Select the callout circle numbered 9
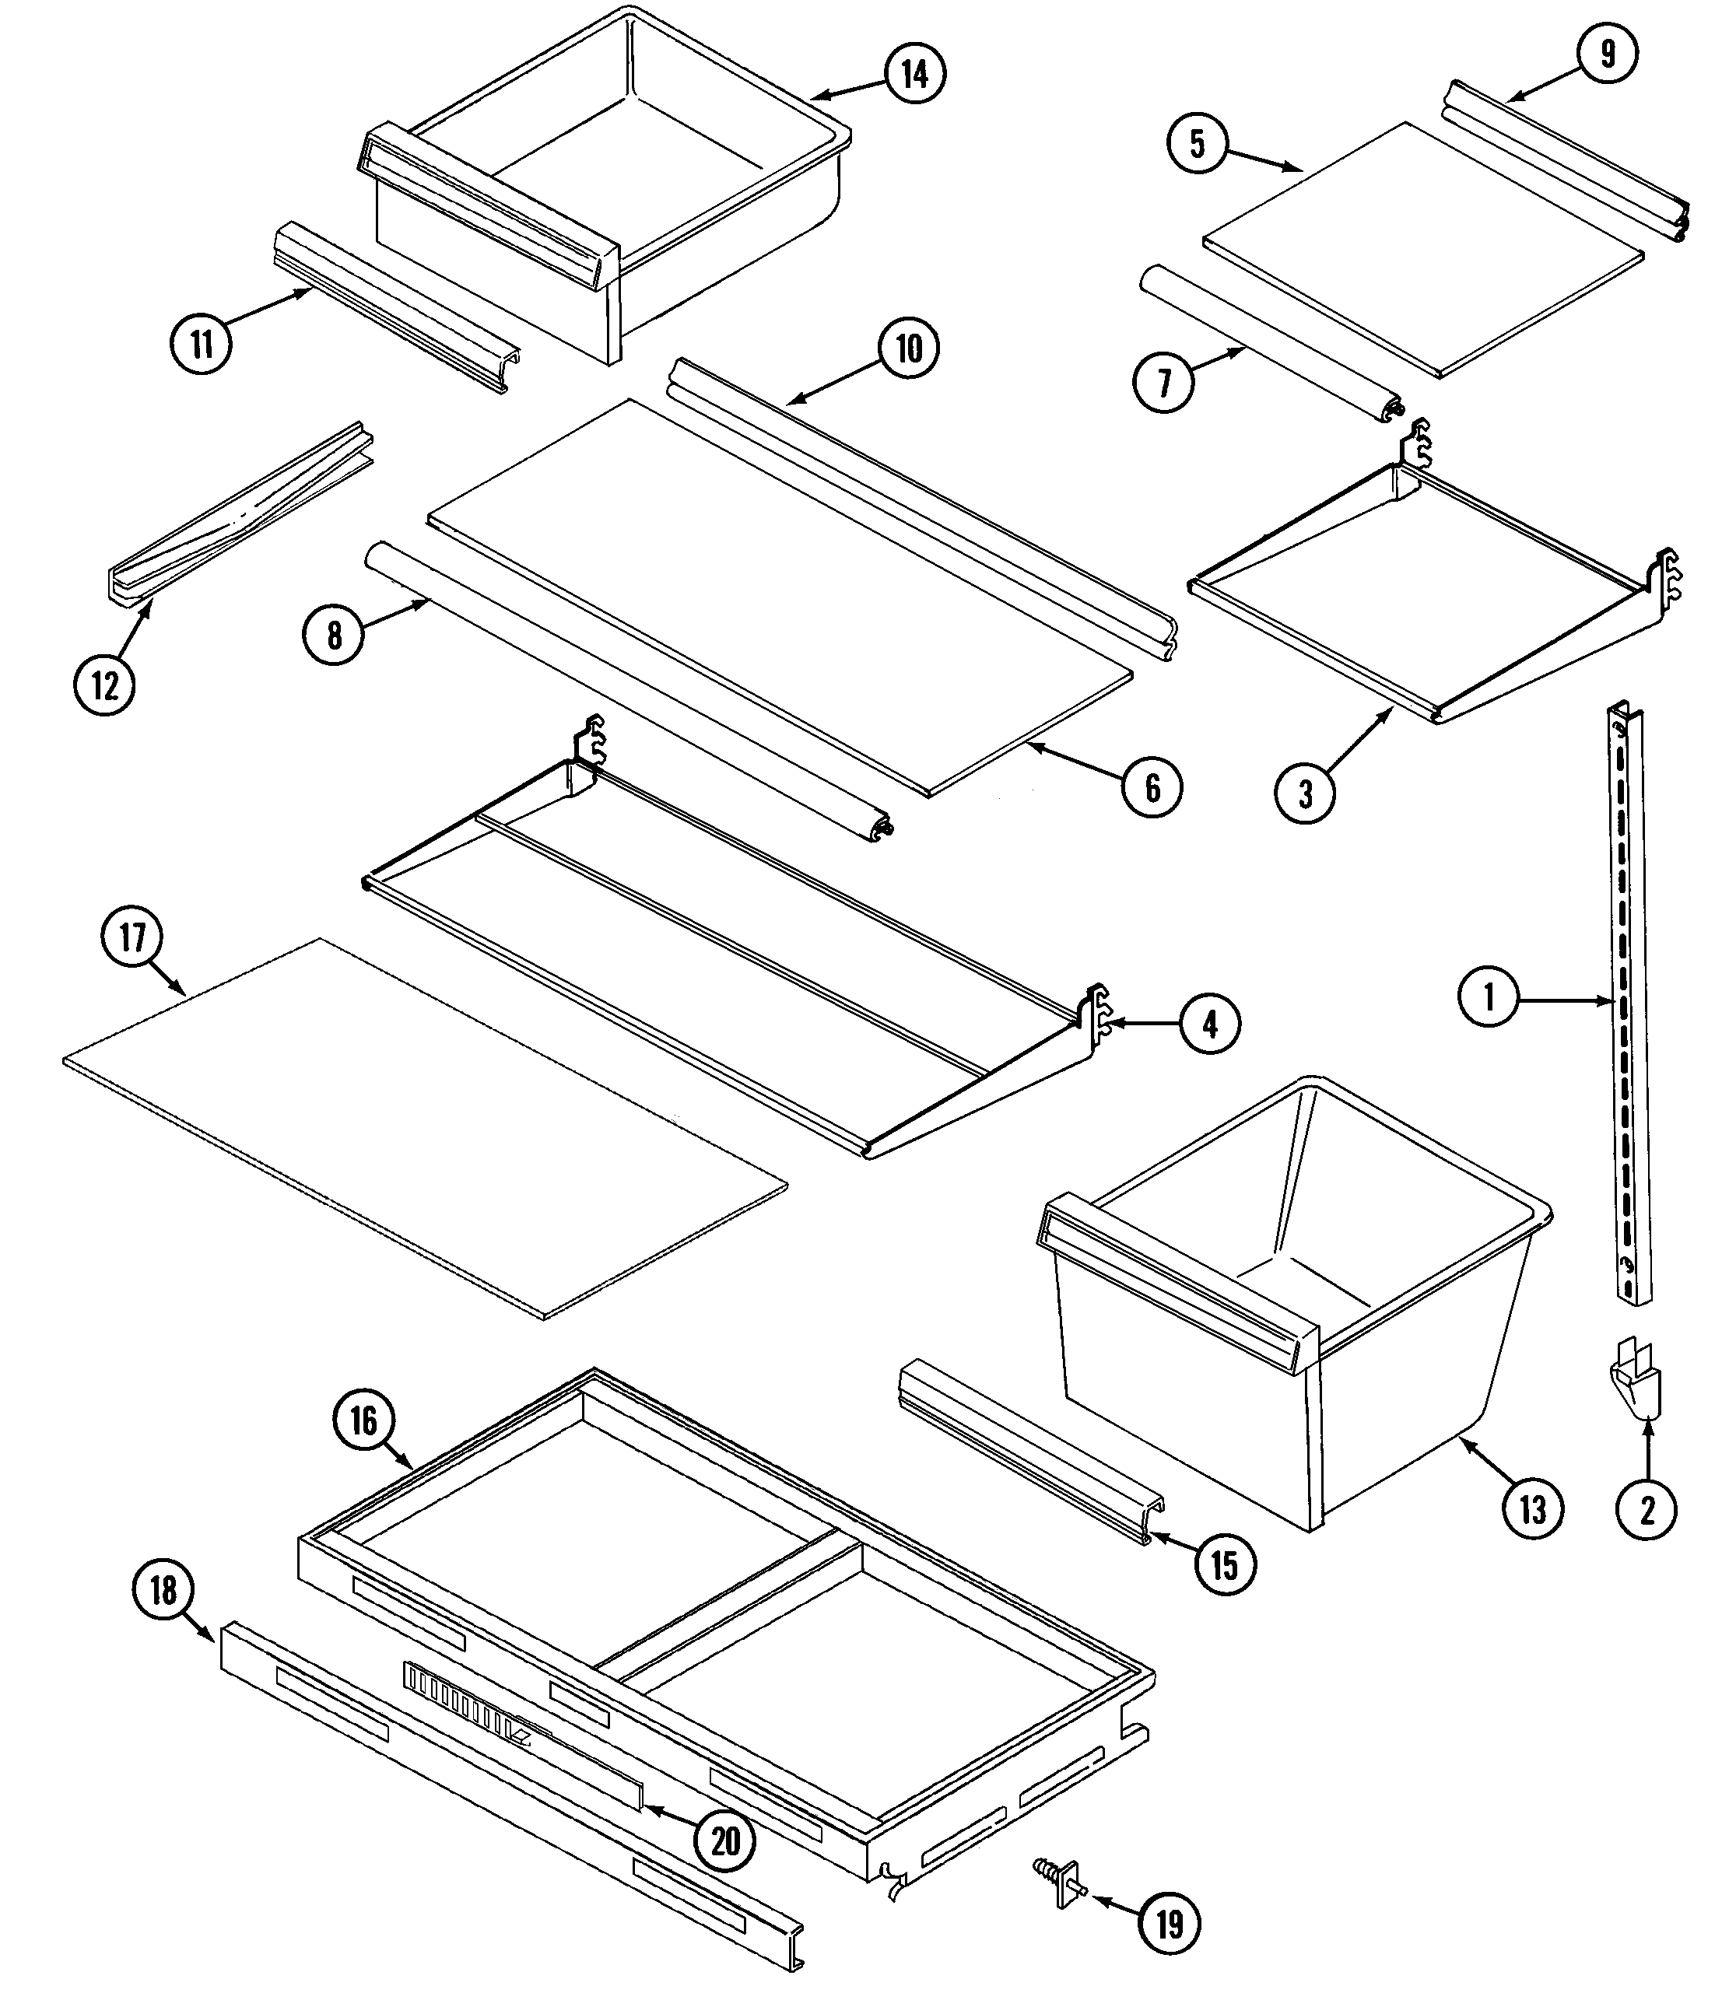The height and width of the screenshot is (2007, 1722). pos(1608,53)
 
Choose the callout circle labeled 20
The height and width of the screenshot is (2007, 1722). pos(726,1841)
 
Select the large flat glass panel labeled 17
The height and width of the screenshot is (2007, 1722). pos(426,1129)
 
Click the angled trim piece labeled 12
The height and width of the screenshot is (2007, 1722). pos(237,513)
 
